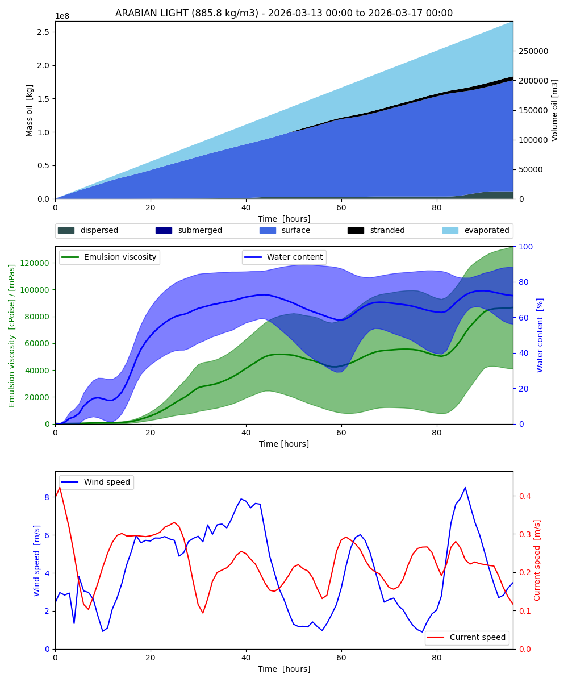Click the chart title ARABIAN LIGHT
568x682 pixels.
(284, 13)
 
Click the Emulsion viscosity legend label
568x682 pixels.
(120, 257)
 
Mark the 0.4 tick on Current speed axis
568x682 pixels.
(524, 496)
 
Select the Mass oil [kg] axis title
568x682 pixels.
(30, 110)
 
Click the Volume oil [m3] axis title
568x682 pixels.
(555, 110)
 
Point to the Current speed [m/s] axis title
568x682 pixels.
(537, 560)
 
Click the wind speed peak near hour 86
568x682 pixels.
(465, 488)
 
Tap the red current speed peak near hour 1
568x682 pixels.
(60, 487)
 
